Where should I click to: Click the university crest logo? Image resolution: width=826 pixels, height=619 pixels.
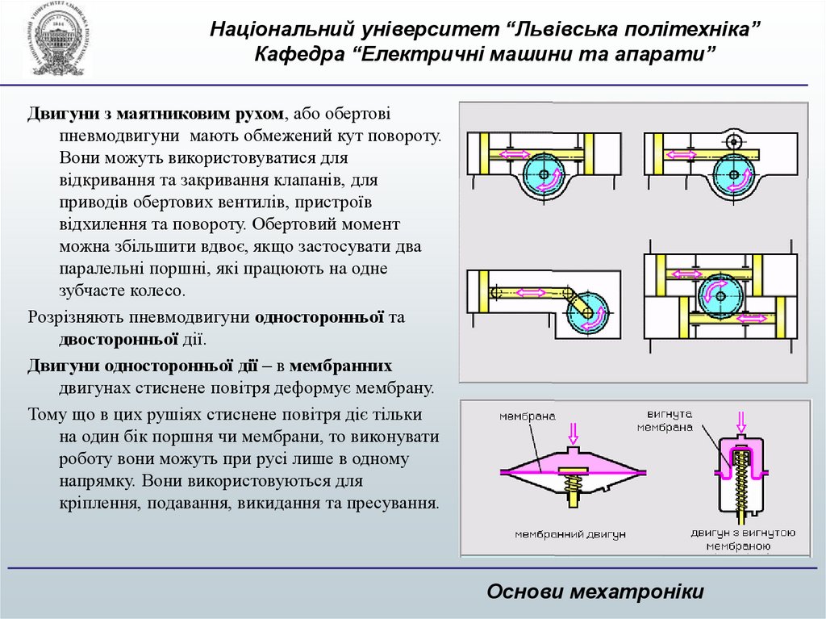[56, 40]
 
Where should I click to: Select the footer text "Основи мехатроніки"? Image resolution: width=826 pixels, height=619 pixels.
[595, 592]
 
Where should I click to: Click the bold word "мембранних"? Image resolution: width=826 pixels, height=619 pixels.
[340, 365]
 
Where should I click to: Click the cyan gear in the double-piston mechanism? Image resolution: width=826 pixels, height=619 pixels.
[718, 295]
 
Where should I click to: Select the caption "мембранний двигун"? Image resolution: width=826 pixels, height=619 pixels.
[570, 533]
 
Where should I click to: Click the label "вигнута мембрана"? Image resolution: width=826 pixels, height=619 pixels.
[666, 420]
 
